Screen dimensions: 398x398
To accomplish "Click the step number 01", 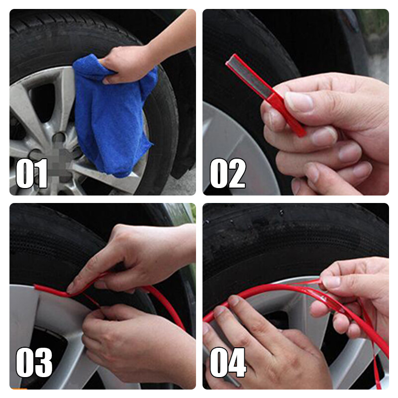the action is (x=31, y=173).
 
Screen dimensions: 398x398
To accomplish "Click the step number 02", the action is (x=228, y=173).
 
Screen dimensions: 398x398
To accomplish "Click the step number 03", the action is (x=34, y=362).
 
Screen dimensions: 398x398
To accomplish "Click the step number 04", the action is (x=228, y=362).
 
